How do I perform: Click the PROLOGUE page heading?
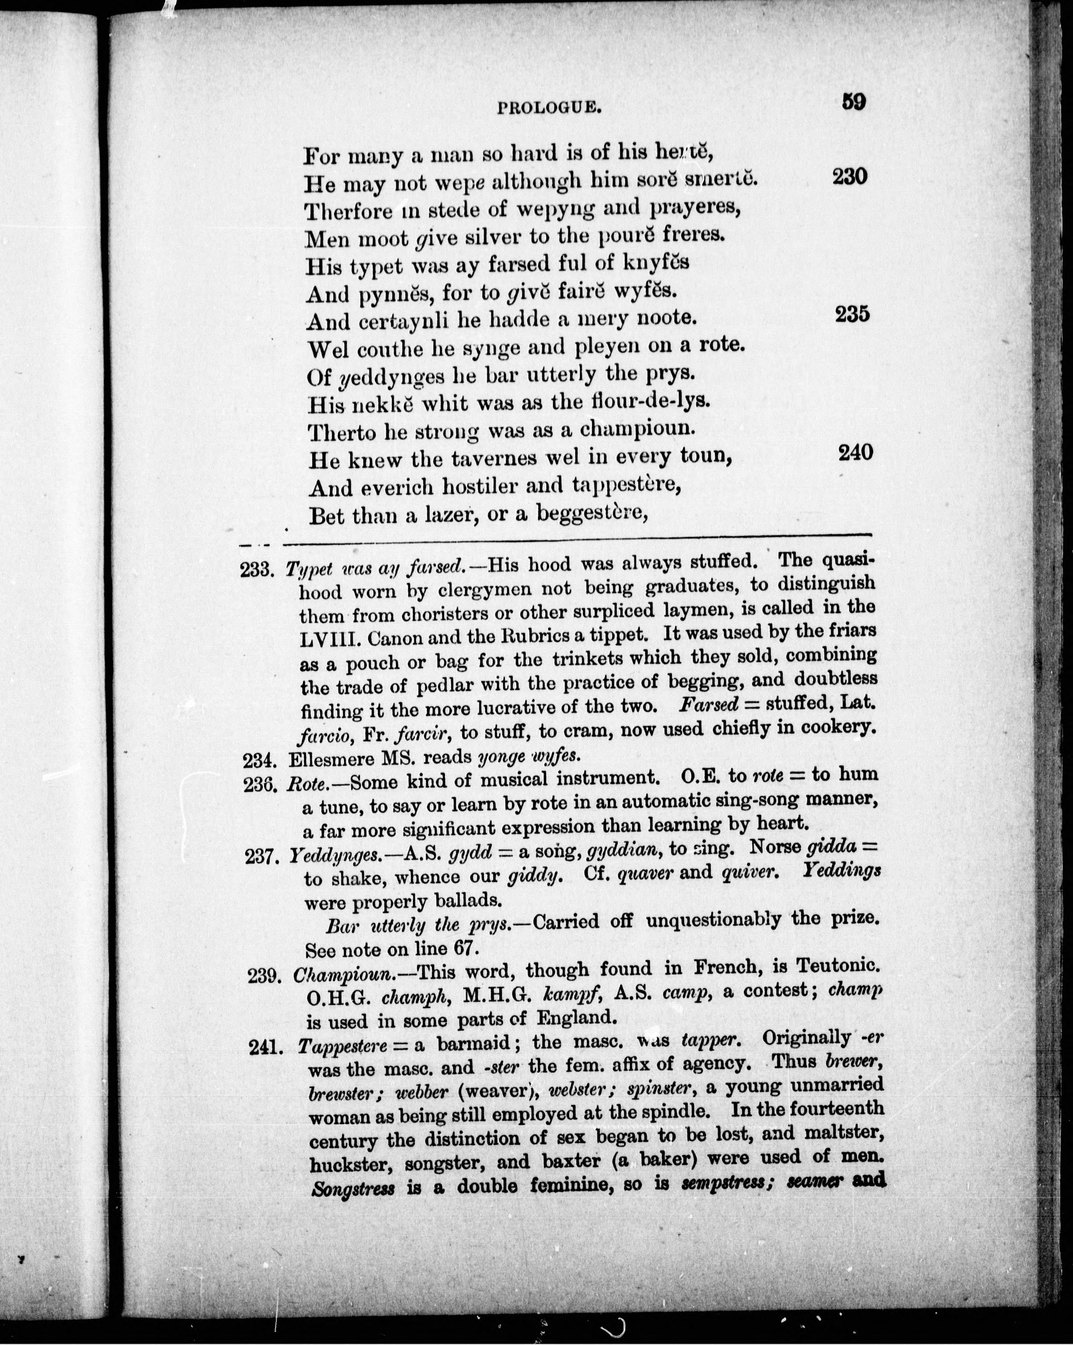coord(549,109)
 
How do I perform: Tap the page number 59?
coord(853,102)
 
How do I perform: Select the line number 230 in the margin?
coord(850,177)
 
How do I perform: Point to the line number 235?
coord(852,314)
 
